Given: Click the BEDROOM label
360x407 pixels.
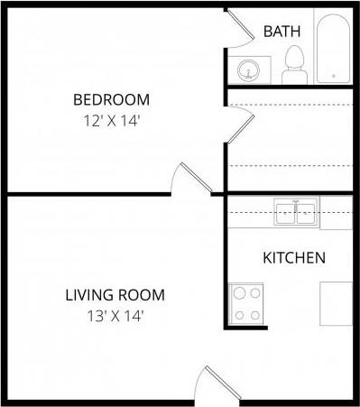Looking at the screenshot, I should (111, 99).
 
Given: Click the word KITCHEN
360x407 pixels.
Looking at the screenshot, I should (293, 258).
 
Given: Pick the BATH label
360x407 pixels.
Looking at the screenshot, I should (282, 32).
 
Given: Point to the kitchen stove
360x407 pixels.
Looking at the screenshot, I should (246, 304).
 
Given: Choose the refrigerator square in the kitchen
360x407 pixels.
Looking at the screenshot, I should (336, 303).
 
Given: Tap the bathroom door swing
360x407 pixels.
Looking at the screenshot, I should (240, 26).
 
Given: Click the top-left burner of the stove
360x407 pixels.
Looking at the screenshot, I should (239, 293).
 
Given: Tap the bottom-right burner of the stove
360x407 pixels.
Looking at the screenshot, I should (254, 315).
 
